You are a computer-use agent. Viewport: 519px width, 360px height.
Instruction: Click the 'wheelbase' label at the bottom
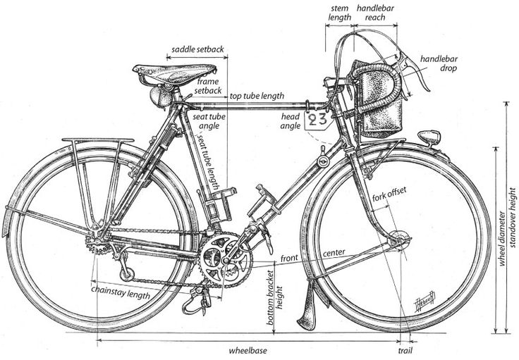[248, 350]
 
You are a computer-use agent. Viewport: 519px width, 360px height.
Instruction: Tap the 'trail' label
[405, 350]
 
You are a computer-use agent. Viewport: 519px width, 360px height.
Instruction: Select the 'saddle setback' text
[197, 49]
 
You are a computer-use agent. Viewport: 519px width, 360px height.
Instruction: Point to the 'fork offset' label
[389, 194]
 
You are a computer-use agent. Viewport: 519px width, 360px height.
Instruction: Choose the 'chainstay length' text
[121, 292]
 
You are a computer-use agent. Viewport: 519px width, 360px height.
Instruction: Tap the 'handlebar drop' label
[439, 63]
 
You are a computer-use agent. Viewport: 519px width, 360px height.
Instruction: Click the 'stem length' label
[340, 13]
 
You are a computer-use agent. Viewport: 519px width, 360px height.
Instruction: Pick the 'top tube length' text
[257, 96]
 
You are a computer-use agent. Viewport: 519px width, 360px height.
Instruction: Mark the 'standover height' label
[512, 218]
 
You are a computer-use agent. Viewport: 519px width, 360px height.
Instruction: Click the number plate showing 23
[318, 120]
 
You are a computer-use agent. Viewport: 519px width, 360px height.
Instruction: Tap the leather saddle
[174, 73]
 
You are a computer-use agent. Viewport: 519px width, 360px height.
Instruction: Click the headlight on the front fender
[429, 137]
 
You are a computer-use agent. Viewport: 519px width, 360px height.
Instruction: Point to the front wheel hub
[398, 240]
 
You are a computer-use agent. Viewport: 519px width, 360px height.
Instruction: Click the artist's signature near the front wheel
[425, 301]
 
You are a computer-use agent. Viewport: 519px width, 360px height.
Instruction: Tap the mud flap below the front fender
[307, 305]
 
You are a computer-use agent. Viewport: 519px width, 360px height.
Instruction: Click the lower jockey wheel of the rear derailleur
[127, 274]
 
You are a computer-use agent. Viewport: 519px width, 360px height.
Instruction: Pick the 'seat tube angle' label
[209, 121]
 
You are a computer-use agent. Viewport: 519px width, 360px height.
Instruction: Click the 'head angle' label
[291, 121]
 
